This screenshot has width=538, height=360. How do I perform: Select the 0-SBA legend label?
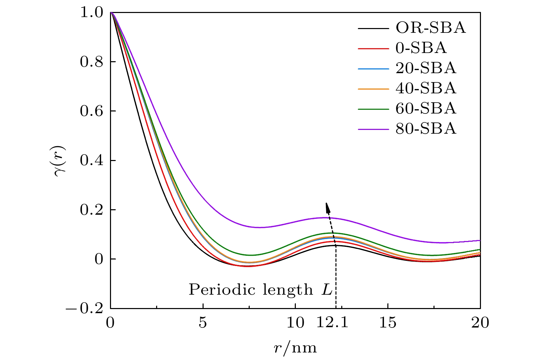[421, 48]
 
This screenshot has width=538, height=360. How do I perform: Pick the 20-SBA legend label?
[426, 68]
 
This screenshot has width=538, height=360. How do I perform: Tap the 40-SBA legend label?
[426, 89]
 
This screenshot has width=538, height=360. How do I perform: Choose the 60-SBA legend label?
[426, 109]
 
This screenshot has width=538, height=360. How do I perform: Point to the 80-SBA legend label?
[426, 129]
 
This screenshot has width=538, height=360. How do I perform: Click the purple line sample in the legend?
[373, 129]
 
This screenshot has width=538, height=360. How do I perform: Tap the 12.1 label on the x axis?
[332, 322]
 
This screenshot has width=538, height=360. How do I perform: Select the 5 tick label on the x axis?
[203, 322]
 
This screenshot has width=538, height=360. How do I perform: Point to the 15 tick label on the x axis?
[388, 322]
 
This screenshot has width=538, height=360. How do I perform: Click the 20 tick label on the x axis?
[480, 322]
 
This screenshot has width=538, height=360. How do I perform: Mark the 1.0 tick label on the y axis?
[91, 13]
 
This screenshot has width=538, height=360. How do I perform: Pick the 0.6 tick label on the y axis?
[91, 111]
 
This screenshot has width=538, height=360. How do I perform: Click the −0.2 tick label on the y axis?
[87, 308]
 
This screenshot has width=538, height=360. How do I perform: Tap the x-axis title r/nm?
[295, 348]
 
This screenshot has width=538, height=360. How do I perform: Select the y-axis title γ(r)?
[60, 161]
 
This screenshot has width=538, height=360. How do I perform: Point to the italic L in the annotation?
[327, 290]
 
